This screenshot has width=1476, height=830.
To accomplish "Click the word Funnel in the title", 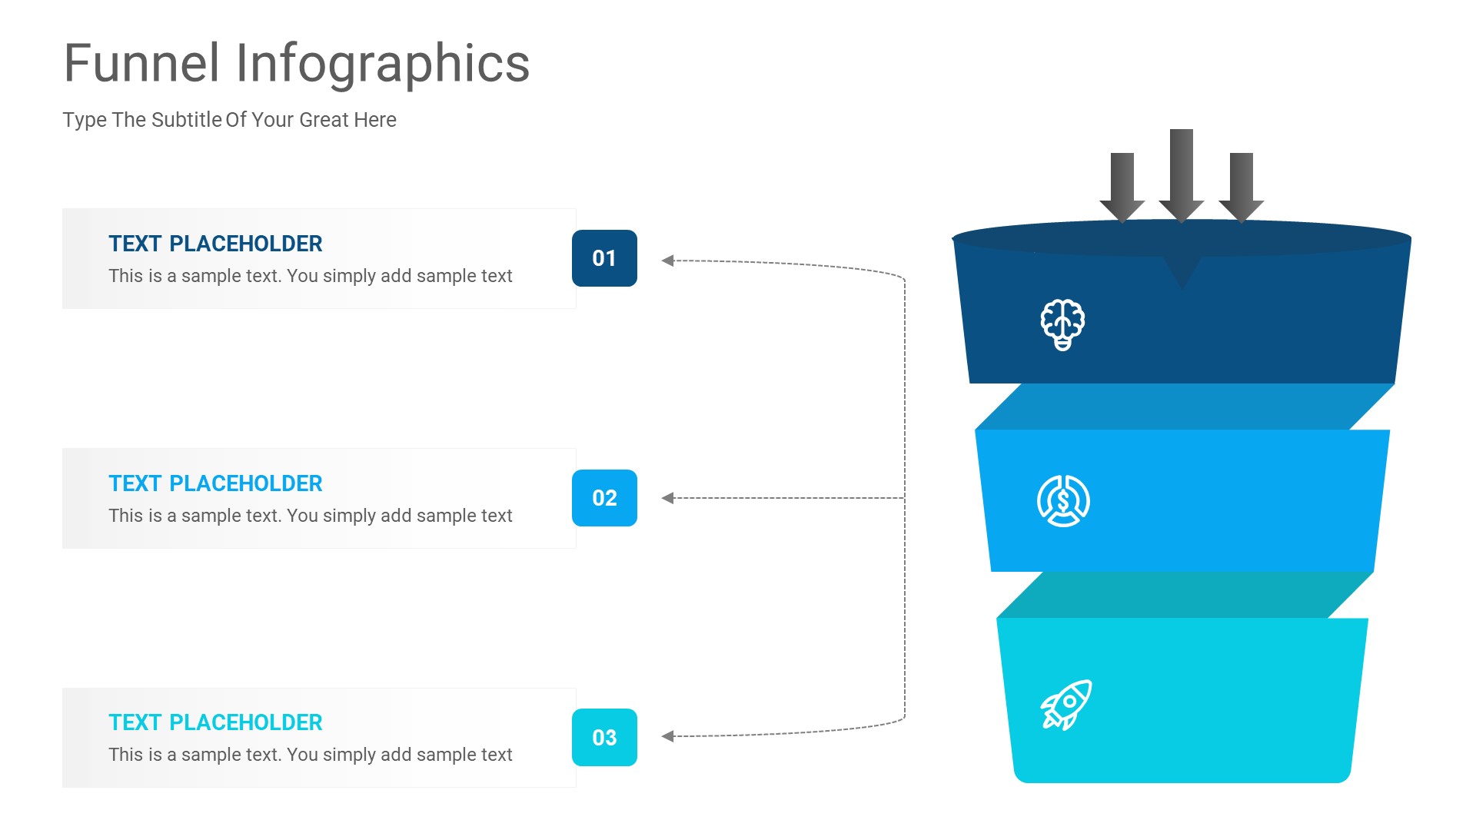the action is coord(142,63).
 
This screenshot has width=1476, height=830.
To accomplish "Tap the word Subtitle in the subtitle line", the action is coord(187,120).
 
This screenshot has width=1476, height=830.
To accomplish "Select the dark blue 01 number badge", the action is coord(604,258).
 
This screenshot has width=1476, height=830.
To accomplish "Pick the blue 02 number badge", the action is coord(604,498).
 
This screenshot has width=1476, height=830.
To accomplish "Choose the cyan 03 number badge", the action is coord(604,738).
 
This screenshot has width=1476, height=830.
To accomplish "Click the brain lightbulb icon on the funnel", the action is coord(1062,324).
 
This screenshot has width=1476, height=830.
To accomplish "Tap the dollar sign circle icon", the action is coord(1063,501).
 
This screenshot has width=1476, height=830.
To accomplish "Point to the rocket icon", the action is coord(1066,705).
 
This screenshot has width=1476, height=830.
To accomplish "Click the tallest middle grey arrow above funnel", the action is coord(1182,176).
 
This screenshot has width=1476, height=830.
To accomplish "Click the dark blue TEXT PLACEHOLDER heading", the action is coord(215,244).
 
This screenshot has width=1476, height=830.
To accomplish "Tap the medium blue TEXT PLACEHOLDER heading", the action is coord(215,483).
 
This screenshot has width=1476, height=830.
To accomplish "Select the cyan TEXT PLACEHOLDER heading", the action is coord(215,722).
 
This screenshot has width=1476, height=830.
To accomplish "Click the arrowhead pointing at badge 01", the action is coord(667,261).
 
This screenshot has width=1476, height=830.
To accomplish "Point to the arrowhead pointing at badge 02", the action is coord(667,498).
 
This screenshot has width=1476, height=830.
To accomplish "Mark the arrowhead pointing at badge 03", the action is coord(667,736).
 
